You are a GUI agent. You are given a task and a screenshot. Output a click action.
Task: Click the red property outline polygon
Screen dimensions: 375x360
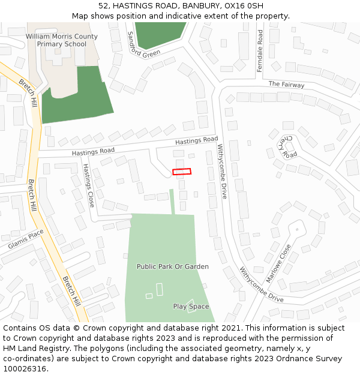click(182, 172)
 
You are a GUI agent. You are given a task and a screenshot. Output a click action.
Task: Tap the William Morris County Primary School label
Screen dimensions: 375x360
click(62, 40)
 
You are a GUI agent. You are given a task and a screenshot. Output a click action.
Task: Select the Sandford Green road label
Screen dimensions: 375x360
click(143, 46)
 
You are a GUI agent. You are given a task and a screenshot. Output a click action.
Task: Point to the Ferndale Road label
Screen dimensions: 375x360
click(260, 52)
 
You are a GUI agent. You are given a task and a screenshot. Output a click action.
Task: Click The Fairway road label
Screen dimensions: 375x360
click(286, 85)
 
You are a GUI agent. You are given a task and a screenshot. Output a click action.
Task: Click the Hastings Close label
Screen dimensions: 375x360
click(89, 185)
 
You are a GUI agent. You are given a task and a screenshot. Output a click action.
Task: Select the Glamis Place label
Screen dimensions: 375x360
click(26, 239)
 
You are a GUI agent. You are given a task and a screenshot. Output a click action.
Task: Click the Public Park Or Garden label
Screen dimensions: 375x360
click(173, 266)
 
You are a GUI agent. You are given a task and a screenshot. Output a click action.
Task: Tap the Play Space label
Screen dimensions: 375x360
click(191, 307)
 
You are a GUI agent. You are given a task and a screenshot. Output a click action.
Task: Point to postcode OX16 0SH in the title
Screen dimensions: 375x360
click(247, 5)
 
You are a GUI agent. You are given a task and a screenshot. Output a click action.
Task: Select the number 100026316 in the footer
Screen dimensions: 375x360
click(25, 368)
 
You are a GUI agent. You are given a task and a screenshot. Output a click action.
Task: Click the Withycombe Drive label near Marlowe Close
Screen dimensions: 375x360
click(262, 285)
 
